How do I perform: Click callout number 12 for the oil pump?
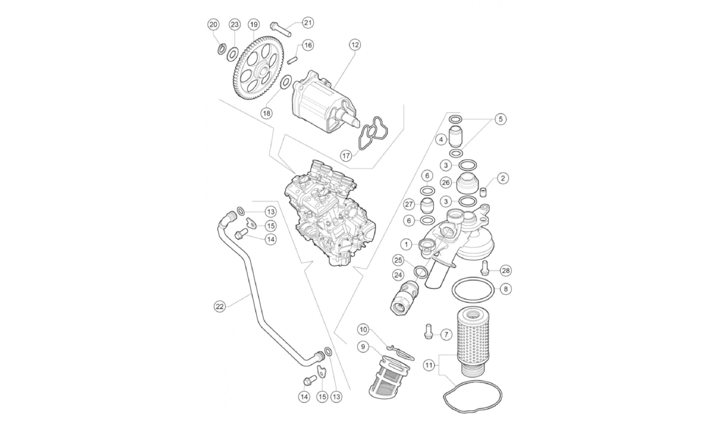point(355,45)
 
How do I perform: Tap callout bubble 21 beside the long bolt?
point(307,23)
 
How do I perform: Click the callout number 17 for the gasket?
point(346,156)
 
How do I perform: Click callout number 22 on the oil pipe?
point(220,307)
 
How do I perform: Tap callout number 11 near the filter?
point(429,365)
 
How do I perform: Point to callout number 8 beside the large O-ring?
point(506,289)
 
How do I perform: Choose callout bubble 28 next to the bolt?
point(506,270)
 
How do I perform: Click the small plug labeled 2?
point(483,191)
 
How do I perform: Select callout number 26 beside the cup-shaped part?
point(446,183)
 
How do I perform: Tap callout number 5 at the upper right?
point(501,119)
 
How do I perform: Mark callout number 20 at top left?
point(213,25)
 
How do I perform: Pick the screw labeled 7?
point(428,331)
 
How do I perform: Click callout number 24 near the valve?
point(398,275)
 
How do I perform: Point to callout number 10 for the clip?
point(363,329)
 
